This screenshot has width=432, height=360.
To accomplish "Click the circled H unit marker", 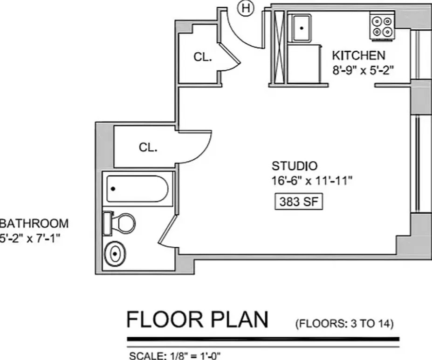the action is click(245, 8).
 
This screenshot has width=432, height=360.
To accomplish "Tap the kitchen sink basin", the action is click(302, 28).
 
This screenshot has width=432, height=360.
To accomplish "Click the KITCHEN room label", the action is click(358, 55).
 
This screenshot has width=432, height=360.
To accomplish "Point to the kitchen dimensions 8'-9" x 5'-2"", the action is click(363, 71).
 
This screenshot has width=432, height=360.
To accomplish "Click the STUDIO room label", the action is click(295, 166).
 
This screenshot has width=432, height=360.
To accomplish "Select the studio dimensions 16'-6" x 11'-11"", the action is click(312, 181).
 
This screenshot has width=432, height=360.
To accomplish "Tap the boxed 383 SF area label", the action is click(299, 202).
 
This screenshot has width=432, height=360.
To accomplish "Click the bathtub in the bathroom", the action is click(137, 189).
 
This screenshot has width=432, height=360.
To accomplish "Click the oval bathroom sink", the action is click(115, 254).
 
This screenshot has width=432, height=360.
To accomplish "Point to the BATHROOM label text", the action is click(34, 224).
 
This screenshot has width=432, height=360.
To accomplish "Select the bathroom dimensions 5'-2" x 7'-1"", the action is click(30, 238).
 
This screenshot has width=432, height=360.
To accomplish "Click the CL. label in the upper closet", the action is click(203, 57).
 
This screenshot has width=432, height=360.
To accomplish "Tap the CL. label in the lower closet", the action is click(148, 148).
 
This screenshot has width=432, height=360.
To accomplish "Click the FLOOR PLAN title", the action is click(197, 319).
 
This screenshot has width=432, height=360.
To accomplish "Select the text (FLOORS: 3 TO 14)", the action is click(344, 323).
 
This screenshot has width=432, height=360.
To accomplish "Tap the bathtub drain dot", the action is click(113, 189).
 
